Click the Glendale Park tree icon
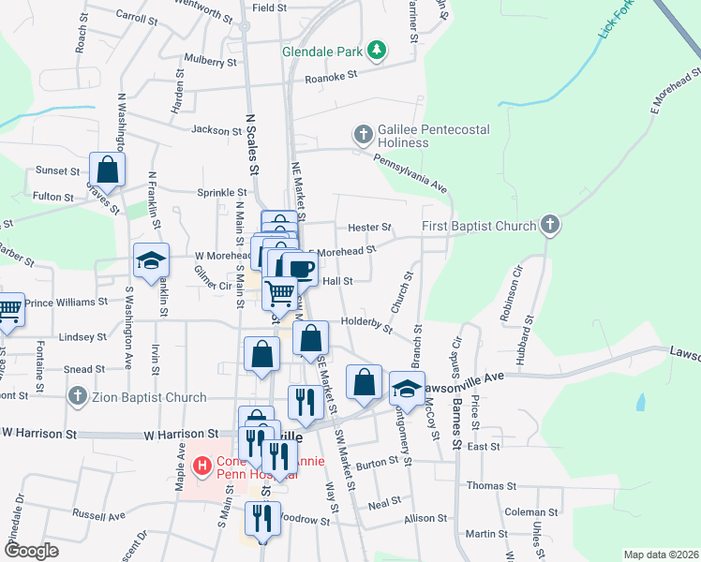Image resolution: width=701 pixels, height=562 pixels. click(x=376, y=50)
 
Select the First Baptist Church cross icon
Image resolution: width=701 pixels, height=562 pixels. click(x=550, y=225)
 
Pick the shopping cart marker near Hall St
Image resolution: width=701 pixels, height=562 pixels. click(x=279, y=293)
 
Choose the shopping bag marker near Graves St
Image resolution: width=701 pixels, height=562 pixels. click(x=108, y=170)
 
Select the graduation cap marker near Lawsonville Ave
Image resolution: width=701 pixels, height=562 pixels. click(x=407, y=387)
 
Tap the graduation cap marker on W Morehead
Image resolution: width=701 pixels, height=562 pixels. click(x=150, y=261)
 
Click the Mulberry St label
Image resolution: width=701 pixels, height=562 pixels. click(x=211, y=62)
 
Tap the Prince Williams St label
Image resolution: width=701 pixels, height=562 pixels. click(x=67, y=302)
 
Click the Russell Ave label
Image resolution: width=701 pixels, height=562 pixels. click(x=98, y=515)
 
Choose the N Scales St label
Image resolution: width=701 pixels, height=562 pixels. click(x=251, y=145)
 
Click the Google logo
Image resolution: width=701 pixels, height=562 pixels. click(x=31, y=551)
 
